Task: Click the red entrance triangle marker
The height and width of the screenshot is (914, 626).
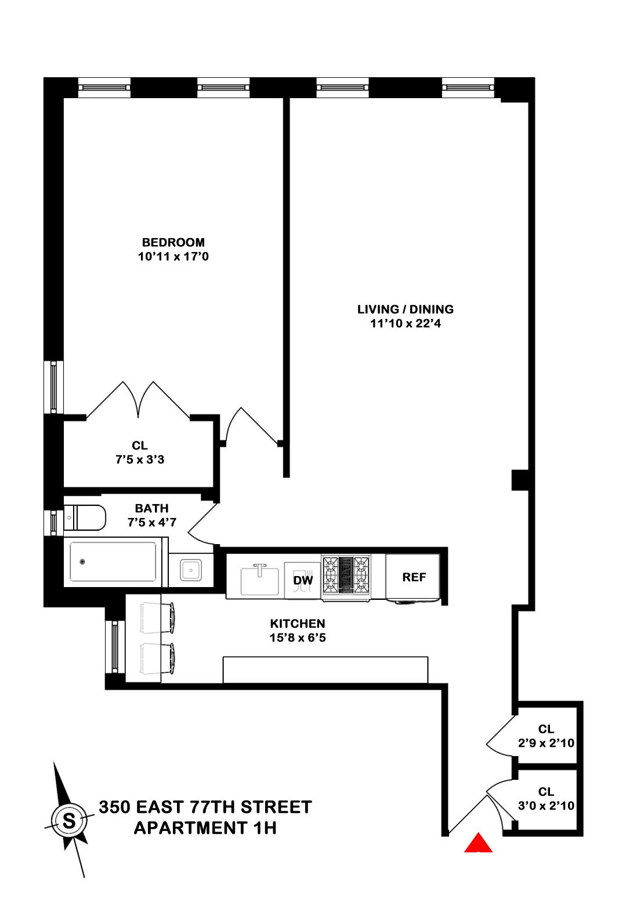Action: pyautogui.click(x=478, y=844)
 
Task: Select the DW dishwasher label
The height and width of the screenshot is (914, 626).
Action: pyautogui.click(x=303, y=580)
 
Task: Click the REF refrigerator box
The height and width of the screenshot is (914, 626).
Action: pyautogui.click(x=414, y=577)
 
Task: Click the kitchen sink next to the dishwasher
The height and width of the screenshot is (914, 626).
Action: pyautogui.click(x=260, y=579)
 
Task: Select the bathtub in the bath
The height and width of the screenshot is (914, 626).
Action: pyautogui.click(x=113, y=562)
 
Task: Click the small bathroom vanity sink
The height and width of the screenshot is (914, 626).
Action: pyautogui.click(x=190, y=570)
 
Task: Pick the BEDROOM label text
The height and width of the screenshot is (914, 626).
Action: pyautogui.click(x=173, y=242)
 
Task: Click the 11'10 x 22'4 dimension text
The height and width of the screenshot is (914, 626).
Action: pyautogui.click(x=406, y=323)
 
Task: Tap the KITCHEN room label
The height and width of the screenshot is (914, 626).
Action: pyautogui.click(x=297, y=624)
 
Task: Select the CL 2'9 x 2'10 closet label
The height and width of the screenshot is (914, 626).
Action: pyautogui.click(x=546, y=735)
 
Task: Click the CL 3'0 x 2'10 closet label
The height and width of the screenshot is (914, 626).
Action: pyautogui.click(x=546, y=798)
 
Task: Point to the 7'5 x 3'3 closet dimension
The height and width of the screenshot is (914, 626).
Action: pyautogui.click(x=140, y=459)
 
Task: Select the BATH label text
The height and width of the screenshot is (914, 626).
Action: pyautogui.click(x=151, y=509)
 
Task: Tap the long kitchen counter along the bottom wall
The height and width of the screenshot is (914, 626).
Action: pyautogui.click(x=325, y=670)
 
